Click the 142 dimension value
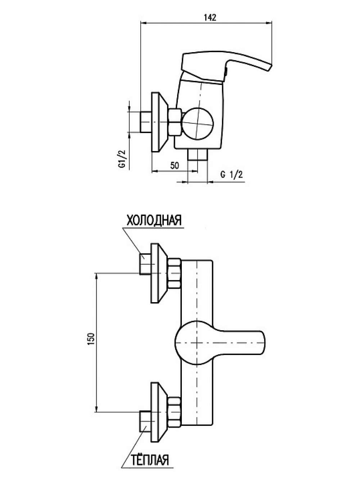coord(210,18)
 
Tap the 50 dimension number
coord(175,165)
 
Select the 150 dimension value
coord(92,339)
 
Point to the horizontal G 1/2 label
coord(231,175)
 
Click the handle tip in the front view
coord(263,342)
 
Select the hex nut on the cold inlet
coord(174,273)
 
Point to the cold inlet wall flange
coord(159,273)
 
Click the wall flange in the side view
coord(159,122)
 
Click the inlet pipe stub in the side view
coord(146,122)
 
